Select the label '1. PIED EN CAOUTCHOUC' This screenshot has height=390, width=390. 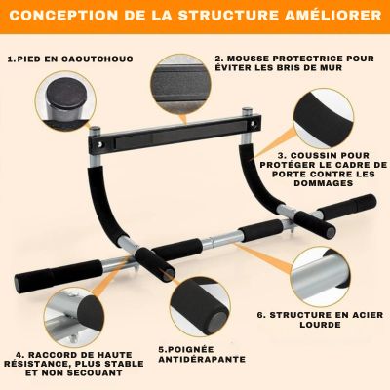[x=70, y=59]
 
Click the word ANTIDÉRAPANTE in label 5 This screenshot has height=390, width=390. [x=202, y=359]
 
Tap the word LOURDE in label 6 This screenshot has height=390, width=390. [x=320, y=325]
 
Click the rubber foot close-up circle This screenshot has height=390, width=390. [x=65, y=100]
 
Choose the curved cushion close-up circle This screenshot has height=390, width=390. [x=324, y=119]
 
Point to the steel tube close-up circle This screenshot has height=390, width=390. [x=321, y=277]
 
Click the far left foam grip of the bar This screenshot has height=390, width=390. [x=58, y=273]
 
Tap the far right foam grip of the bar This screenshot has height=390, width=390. [x=347, y=207]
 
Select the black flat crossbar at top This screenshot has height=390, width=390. [x=175, y=131]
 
